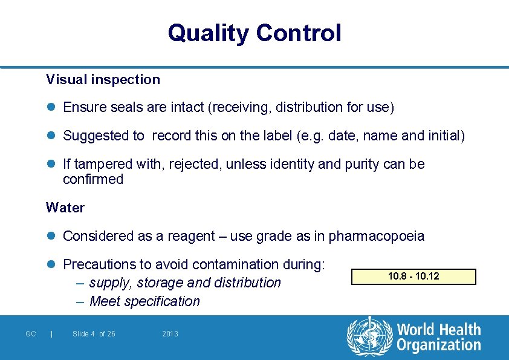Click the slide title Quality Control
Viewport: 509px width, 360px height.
(x=254, y=33)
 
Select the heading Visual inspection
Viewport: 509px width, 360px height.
(x=103, y=79)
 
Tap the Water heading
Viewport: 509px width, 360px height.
(x=65, y=208)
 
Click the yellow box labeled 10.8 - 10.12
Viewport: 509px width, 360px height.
(x=413, y=277)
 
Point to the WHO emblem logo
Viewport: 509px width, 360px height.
(x=369, y=336)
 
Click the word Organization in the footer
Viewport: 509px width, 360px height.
(x=439, y=345)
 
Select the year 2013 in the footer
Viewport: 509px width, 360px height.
(x=170, y=334)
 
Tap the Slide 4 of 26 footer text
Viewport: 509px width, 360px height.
(x=94, y=334)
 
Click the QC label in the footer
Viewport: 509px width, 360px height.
(x=31, y=334)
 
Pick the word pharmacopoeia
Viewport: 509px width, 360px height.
(x=376, y=236)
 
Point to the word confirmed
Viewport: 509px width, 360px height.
(x=93, y=179)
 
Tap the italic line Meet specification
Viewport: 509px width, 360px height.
(x=144, y=301)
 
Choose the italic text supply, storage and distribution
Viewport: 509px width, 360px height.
(x=184, y=283)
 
